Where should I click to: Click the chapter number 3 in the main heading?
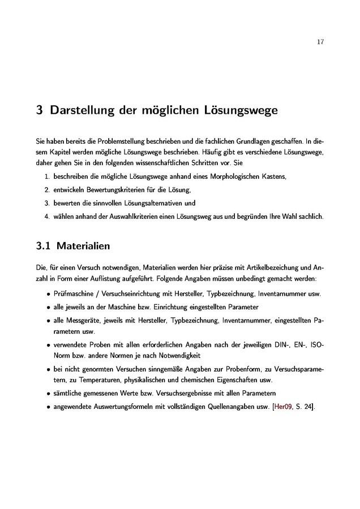point(40,111)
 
